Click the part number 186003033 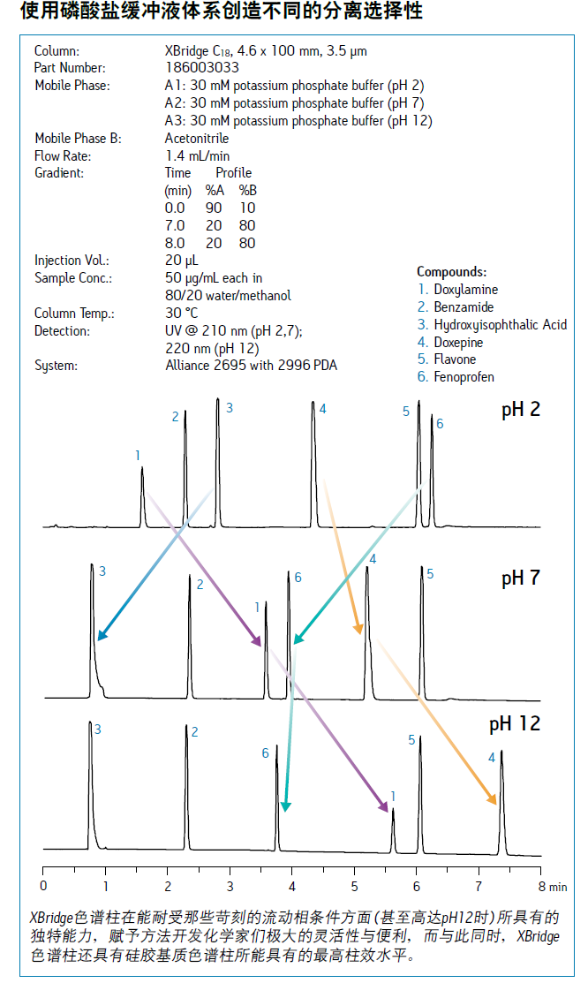point(202,68)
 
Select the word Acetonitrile point(197,139)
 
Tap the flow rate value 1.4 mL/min point(198,156)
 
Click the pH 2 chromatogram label point(520,410)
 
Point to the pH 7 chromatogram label point(520,578)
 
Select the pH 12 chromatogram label point(515,724)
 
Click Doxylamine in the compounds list point(466,290)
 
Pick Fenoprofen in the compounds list point(464,377)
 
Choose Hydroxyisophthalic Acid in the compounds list point(501,325)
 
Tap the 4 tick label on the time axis point(292,887)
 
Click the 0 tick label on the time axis point(43,887)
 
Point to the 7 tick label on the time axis point(479,887)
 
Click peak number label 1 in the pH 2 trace point(138,456)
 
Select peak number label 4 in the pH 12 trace point(492,758)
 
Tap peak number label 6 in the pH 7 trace point(298,578)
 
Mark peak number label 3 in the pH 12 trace point(98,730)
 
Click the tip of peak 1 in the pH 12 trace point(393,809)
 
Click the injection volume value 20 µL point(182,261)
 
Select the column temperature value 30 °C point(182,313)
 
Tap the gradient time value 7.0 point(175,226)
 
